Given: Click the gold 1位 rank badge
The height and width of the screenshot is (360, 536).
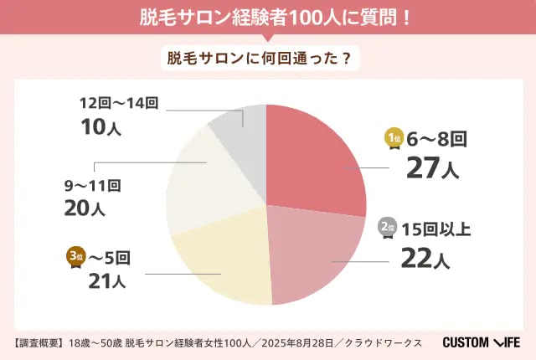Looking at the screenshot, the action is [x=394, y=139].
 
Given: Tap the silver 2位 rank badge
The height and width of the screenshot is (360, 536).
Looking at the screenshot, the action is [x=387, y=228].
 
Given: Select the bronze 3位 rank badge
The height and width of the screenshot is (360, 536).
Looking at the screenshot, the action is [x=76, y=257].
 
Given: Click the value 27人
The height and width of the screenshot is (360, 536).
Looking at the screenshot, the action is [x=432, y=167].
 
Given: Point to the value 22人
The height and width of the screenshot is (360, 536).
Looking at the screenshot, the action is [x=425, y=258].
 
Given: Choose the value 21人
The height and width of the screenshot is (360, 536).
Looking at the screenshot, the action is [x=107, y=281].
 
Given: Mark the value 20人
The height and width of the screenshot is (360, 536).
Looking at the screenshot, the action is [x=85, y=208].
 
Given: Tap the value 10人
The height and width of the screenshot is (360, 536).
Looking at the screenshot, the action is [x=100, y=126].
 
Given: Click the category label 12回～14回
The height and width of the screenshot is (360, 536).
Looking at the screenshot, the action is [x=119, y=103].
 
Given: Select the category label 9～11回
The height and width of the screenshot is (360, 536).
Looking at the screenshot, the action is [x=93, y=186].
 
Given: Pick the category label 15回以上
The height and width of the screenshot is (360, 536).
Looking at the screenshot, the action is [x=436, y=229].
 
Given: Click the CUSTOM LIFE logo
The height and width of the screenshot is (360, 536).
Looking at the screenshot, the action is [x=482, y=342].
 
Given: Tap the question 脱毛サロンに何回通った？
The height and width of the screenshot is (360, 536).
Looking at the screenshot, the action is [x=260, y=59].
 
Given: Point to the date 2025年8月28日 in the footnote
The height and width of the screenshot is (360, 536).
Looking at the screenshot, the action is [x=297, y=342].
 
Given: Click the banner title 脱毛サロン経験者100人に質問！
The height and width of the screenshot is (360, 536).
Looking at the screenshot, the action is [x=275, y=18].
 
